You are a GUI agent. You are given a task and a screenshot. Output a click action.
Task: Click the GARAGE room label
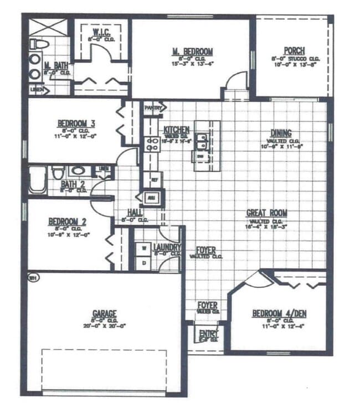pos(105,313)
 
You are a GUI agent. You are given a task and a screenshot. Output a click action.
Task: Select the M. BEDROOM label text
pos(192,51)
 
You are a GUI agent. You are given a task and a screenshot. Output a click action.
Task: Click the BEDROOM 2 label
pos(67,223)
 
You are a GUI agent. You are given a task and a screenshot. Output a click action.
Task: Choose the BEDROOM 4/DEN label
pos(279,314)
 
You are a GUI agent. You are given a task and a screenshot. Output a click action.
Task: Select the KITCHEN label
pos(177,130)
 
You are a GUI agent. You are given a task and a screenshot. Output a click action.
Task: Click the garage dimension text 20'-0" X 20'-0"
pos(105,327)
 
